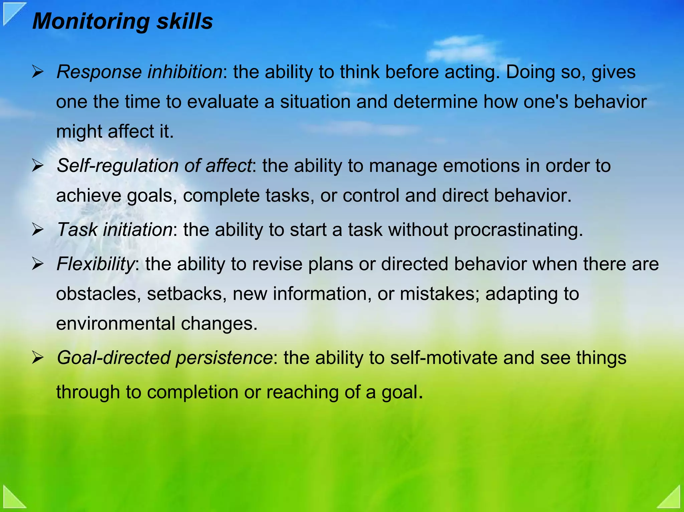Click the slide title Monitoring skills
[122, 21]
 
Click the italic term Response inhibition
[139, 72]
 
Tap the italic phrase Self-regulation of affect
[154, 166]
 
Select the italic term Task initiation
[115, 230]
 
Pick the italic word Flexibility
[96, 264]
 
